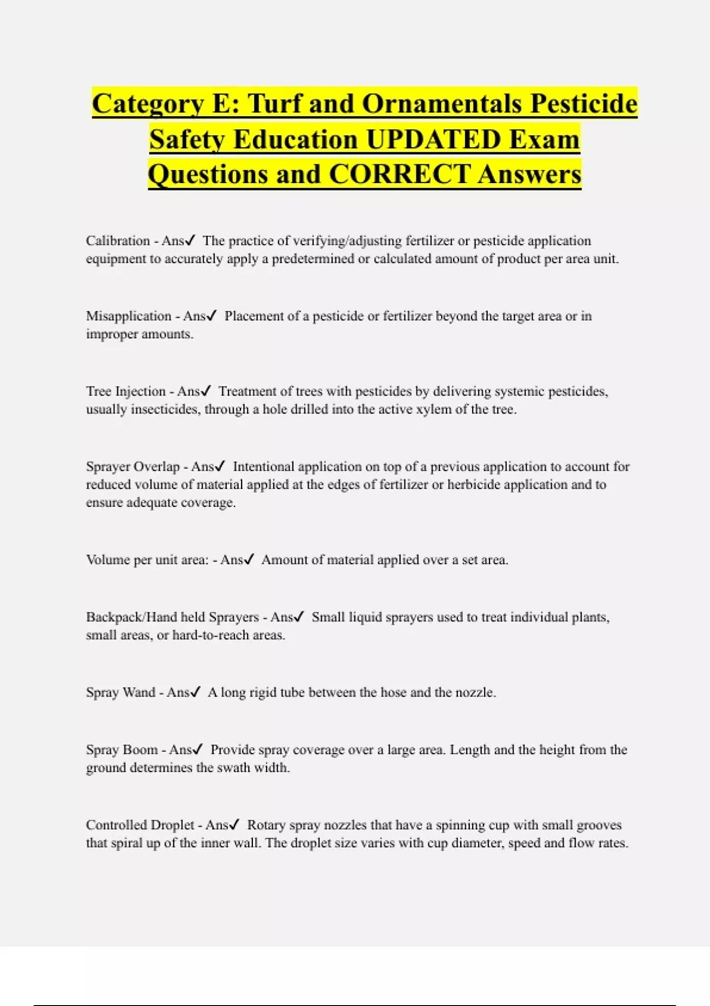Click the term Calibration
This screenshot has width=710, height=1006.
[x=118, y=241]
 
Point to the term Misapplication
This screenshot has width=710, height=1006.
[x=128, y=316]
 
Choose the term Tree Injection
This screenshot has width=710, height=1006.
[x=125, y=391]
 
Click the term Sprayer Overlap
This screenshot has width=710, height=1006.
[x=133, y=466]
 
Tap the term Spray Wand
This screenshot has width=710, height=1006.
[x=120, y=692]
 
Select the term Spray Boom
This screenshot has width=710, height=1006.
[x=121, y=750]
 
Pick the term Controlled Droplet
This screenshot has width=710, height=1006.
[x=140, y=825]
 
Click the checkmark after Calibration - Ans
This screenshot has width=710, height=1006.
[x=191, y=241]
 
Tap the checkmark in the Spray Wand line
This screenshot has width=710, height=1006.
[x=196, y=692]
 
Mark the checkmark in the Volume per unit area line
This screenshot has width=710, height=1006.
[x=249, y=560]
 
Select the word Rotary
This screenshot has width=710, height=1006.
[x=266, y=825]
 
